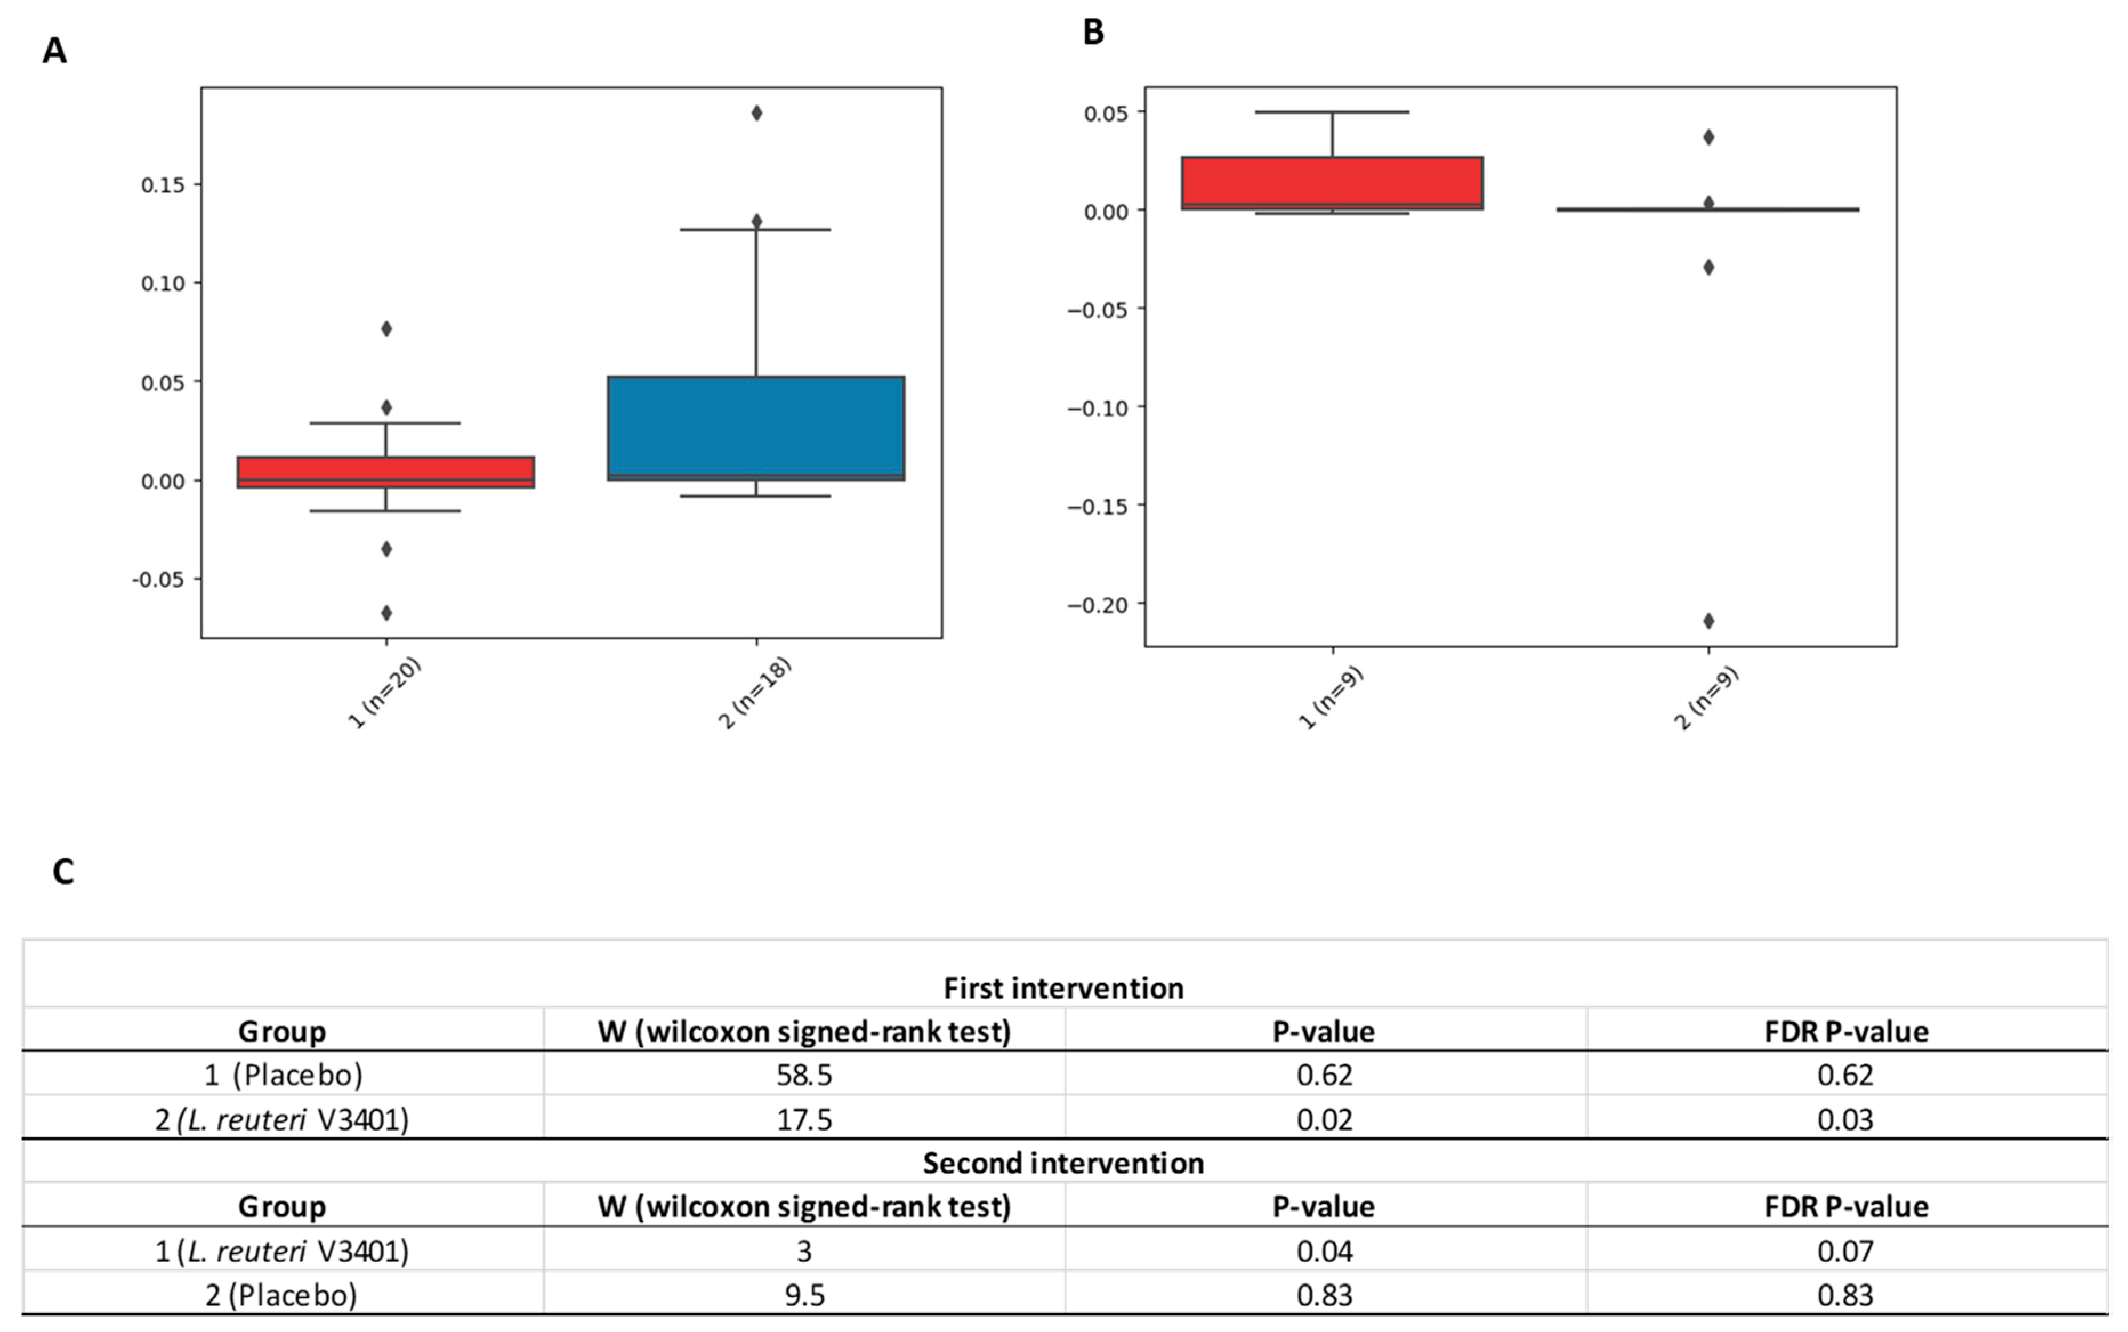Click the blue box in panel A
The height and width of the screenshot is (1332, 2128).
(756, 428)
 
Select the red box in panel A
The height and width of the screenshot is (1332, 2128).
(386, 471)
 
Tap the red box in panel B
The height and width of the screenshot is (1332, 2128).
(1332, 183)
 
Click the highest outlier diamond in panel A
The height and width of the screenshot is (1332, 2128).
(756, 113)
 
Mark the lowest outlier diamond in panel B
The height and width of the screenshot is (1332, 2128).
(1708, 621)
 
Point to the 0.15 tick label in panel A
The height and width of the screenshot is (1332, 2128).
(163, 185)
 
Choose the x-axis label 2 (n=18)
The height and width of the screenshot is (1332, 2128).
(755, 693)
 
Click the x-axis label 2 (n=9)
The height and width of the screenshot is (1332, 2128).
(1706, 699)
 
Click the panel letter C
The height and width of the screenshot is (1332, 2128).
(63, 871)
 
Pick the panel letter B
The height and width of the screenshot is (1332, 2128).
(1093, 33)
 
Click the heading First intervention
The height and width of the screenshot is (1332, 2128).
(1063, 987)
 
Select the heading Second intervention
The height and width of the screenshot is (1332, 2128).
(1063, 1163)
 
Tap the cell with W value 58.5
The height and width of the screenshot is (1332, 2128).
(804, 1075)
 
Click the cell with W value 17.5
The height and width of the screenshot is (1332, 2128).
(804, 1119)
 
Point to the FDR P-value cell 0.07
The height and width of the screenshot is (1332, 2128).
(1845, 1251)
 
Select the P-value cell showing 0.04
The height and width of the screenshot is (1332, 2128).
(1324, 1251)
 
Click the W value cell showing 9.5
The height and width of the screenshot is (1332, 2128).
(804, 1295)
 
